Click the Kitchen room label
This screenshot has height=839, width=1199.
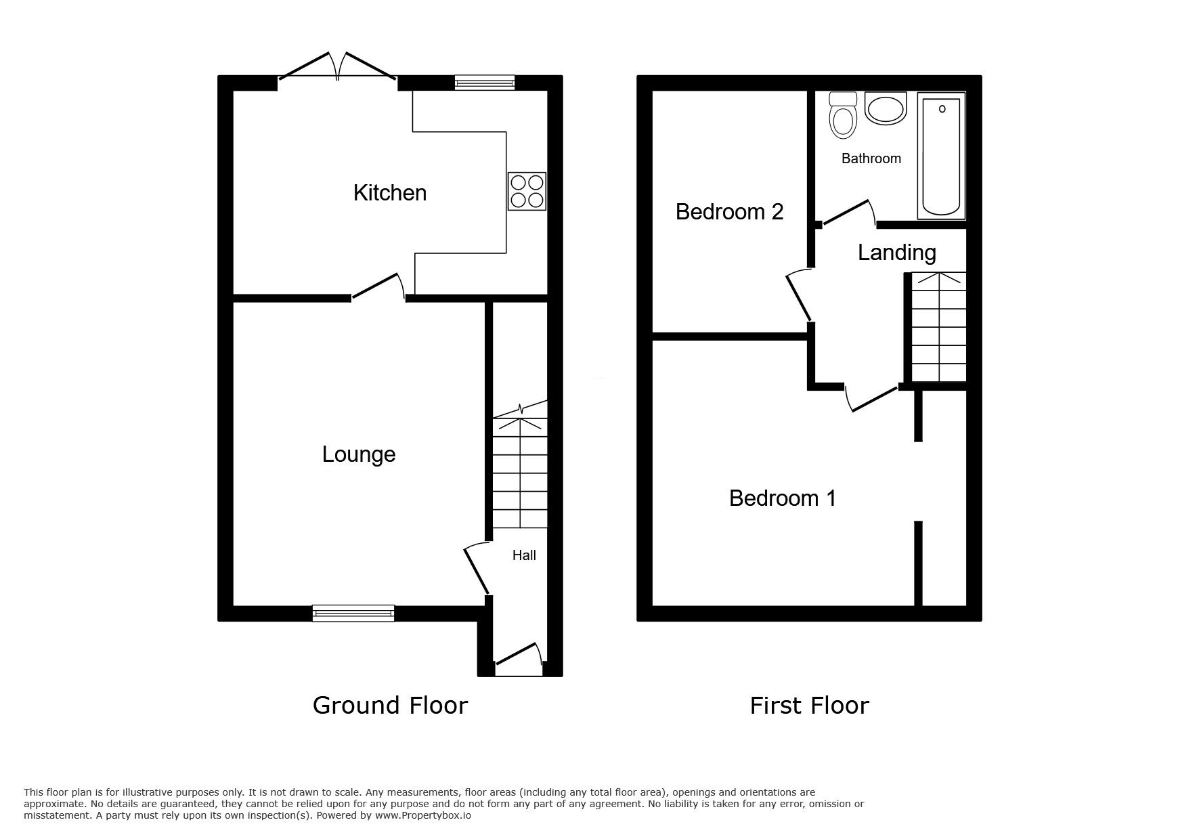[389, 193]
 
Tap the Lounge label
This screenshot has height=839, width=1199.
[359, 454]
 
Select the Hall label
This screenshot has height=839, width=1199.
[524, 555]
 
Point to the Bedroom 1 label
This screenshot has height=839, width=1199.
[782, 498]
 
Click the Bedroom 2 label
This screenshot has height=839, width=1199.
[729, 212]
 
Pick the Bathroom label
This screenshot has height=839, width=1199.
[871, 158]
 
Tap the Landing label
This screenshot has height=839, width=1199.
[896, 253]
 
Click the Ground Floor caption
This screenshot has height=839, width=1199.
[390, 706]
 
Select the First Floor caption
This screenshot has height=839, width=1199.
[809, 706]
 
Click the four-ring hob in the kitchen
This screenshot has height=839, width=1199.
[527, 191]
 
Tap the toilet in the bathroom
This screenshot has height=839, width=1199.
[843, 116]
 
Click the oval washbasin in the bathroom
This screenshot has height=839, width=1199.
[886, 108]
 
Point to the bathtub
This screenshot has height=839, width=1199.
[941, 156]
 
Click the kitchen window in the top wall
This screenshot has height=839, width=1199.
[484, 83]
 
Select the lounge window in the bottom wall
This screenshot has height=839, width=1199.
[353, 614]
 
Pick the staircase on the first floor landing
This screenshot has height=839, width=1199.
[938, 326]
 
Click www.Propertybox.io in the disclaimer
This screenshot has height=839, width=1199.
[423, 815]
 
